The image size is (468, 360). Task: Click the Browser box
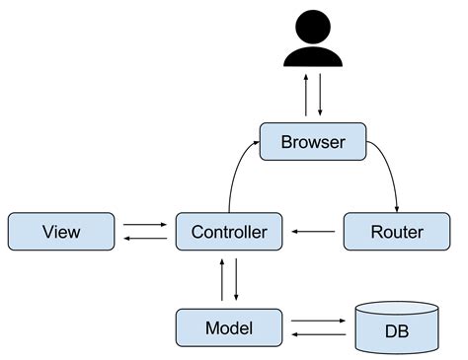click(313, 142)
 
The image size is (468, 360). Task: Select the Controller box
click(228, 232)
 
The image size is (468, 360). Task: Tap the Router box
click(396, 232)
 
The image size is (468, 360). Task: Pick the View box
click(61, 232)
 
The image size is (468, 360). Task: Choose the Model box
click(228, 327)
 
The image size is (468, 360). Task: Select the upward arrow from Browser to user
click(306, 97)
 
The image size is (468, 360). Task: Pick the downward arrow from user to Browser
click(320, 97)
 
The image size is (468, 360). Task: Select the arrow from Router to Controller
click(314, 233)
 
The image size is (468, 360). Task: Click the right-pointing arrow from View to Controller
click(145, 225)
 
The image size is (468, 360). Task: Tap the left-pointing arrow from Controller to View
click(145, 240)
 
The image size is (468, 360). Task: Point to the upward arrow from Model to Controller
click(222, 280)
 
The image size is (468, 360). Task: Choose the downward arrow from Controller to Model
click(236, 280)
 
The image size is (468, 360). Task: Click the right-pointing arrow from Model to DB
click(316, 321)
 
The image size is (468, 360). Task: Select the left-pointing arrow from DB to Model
click(316, 335)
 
